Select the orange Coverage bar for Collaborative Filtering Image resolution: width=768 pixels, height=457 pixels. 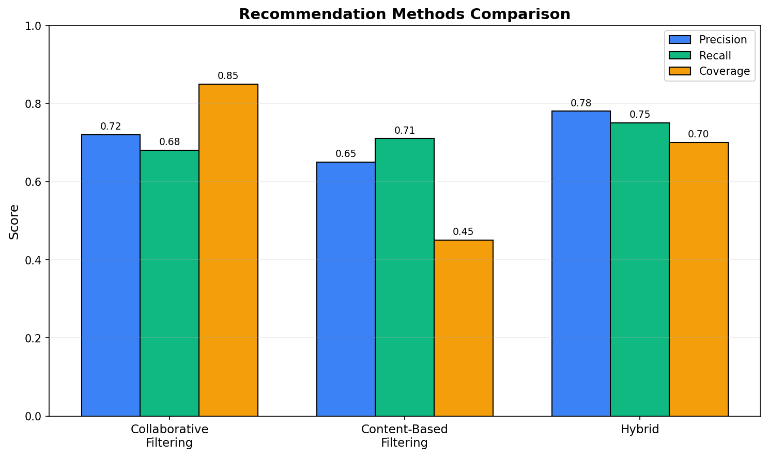pos(228,250)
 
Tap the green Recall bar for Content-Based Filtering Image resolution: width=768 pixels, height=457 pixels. pos(405,277)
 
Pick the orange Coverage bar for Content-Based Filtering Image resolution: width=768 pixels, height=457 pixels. pos(464,328)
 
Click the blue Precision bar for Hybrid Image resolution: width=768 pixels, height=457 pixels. pos(581,263)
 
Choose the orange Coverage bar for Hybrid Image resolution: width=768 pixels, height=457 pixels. pos(698,279)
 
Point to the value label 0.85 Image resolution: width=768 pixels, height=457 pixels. pos(228,76)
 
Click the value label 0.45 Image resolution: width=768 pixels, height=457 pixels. pos(463,232)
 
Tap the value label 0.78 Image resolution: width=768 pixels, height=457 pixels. pos(581,103)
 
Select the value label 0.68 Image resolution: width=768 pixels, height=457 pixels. pos(170,142)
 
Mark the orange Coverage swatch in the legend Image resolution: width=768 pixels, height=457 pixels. pos(680,71)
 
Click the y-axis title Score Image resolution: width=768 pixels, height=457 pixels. pos(14,222)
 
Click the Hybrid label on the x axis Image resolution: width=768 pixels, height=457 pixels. pos(640,430)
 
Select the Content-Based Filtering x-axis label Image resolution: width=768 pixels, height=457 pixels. pos(405,436)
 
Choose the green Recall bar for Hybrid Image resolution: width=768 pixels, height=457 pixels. pos(640,270)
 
